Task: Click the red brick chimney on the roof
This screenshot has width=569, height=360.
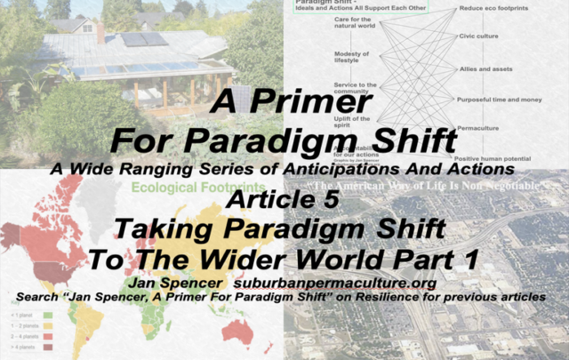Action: tap(100, 34)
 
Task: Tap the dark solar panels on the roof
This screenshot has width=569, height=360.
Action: tap(142, 39)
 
